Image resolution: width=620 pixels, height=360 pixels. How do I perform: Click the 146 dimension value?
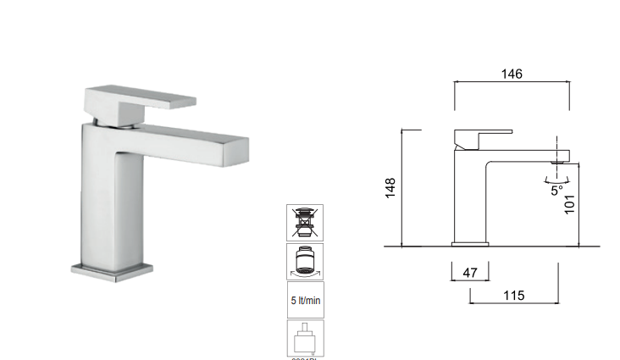[511, 73]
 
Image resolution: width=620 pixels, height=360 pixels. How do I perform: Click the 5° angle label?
[556, 191]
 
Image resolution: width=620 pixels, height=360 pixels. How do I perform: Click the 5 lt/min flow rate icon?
[305, 300]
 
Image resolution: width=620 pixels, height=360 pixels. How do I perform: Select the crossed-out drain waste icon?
[305, 222]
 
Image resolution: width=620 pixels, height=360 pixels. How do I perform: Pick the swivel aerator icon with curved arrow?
[305, 261]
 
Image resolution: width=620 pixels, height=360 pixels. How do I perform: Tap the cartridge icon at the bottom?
[305, 338]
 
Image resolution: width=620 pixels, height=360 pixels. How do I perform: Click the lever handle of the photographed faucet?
[139, 97]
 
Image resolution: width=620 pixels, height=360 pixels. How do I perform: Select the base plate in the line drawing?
[470, 244]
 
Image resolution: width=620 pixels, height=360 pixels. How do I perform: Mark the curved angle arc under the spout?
[556, 179]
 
